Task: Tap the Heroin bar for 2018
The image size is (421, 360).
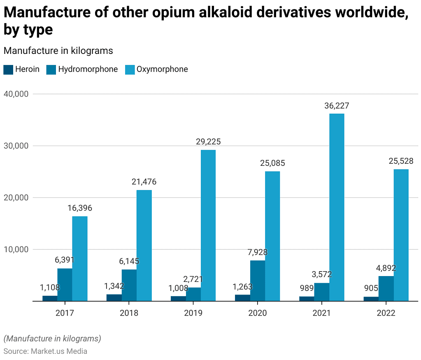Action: [114, 297]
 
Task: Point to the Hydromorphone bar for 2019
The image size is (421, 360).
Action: [193, 294]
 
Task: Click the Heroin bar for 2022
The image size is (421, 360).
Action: [371, 299]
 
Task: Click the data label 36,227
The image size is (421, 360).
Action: [337, 106]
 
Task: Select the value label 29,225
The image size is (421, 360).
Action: [208, 142]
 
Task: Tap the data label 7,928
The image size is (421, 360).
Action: [258, 252]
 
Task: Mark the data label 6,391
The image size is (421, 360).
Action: [65, 260]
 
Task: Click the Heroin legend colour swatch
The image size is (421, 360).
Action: [8, 70]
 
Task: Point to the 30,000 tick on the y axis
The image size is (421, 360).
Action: [16, 146]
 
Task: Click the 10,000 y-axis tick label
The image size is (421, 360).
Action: [16, 249]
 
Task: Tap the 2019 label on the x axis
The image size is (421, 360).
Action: [193, 313]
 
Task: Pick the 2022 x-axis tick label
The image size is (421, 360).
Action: [386, 313]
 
